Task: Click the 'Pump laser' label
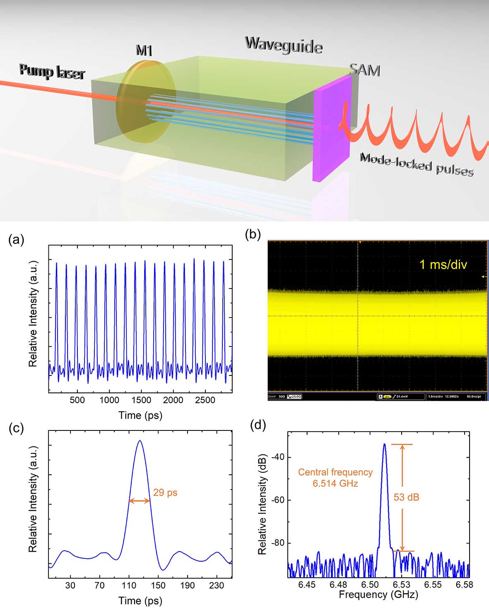(x=52, y=71)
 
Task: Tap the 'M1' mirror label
(x=144, y=50)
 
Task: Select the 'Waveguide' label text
(x=283, y=45)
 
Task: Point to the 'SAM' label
(x=364, y=70)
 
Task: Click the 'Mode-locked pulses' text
(x=416, y=164)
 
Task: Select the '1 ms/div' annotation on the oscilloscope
(x=443, y=264)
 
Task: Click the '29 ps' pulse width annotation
(x=165, y=493)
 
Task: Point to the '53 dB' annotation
(x=406, y=497)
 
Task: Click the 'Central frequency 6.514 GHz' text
(x=335, y=477)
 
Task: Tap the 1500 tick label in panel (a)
(x=141, y=400)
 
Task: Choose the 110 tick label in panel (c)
(x=129, y=585)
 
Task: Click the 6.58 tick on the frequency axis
(x=464, y=584)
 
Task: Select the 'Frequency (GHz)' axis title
(x=378, y=595)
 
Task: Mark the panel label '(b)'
(x=253, y=235)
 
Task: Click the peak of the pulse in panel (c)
(x=140, y=441)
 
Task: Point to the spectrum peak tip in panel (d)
(x=384, y=445)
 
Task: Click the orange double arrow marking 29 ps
(x=140, y=501)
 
